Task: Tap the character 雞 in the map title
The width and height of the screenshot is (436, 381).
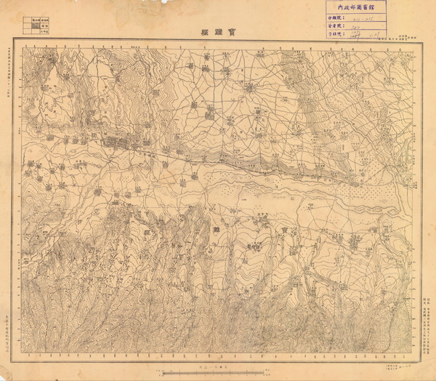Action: pos(217,33)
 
